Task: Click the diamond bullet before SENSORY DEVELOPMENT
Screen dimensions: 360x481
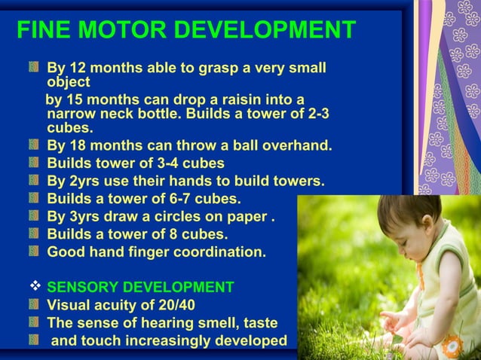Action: click(x=34, y=287)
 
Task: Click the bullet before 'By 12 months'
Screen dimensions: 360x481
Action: click(x=34, y=69)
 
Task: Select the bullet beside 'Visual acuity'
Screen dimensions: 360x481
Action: click(x=34, y=305)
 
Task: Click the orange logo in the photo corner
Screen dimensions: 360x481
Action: click(x=452, y=347)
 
